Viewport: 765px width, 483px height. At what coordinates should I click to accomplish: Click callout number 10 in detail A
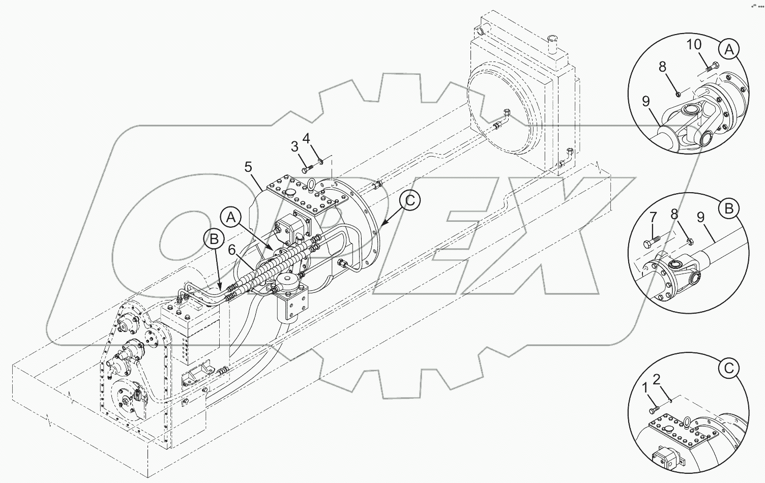click(694, 45)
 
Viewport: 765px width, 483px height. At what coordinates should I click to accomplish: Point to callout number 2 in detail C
click(657, 379)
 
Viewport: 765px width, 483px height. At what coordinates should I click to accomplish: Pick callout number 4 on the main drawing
click(306, 138)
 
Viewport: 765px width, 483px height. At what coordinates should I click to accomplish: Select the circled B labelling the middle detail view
click(728, 208)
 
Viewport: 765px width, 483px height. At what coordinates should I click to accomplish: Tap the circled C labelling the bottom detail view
click(728, 368)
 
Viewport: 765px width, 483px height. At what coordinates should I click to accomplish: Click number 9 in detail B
click(700, 218)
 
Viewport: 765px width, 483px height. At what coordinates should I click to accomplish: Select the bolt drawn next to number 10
click(711, 66)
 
